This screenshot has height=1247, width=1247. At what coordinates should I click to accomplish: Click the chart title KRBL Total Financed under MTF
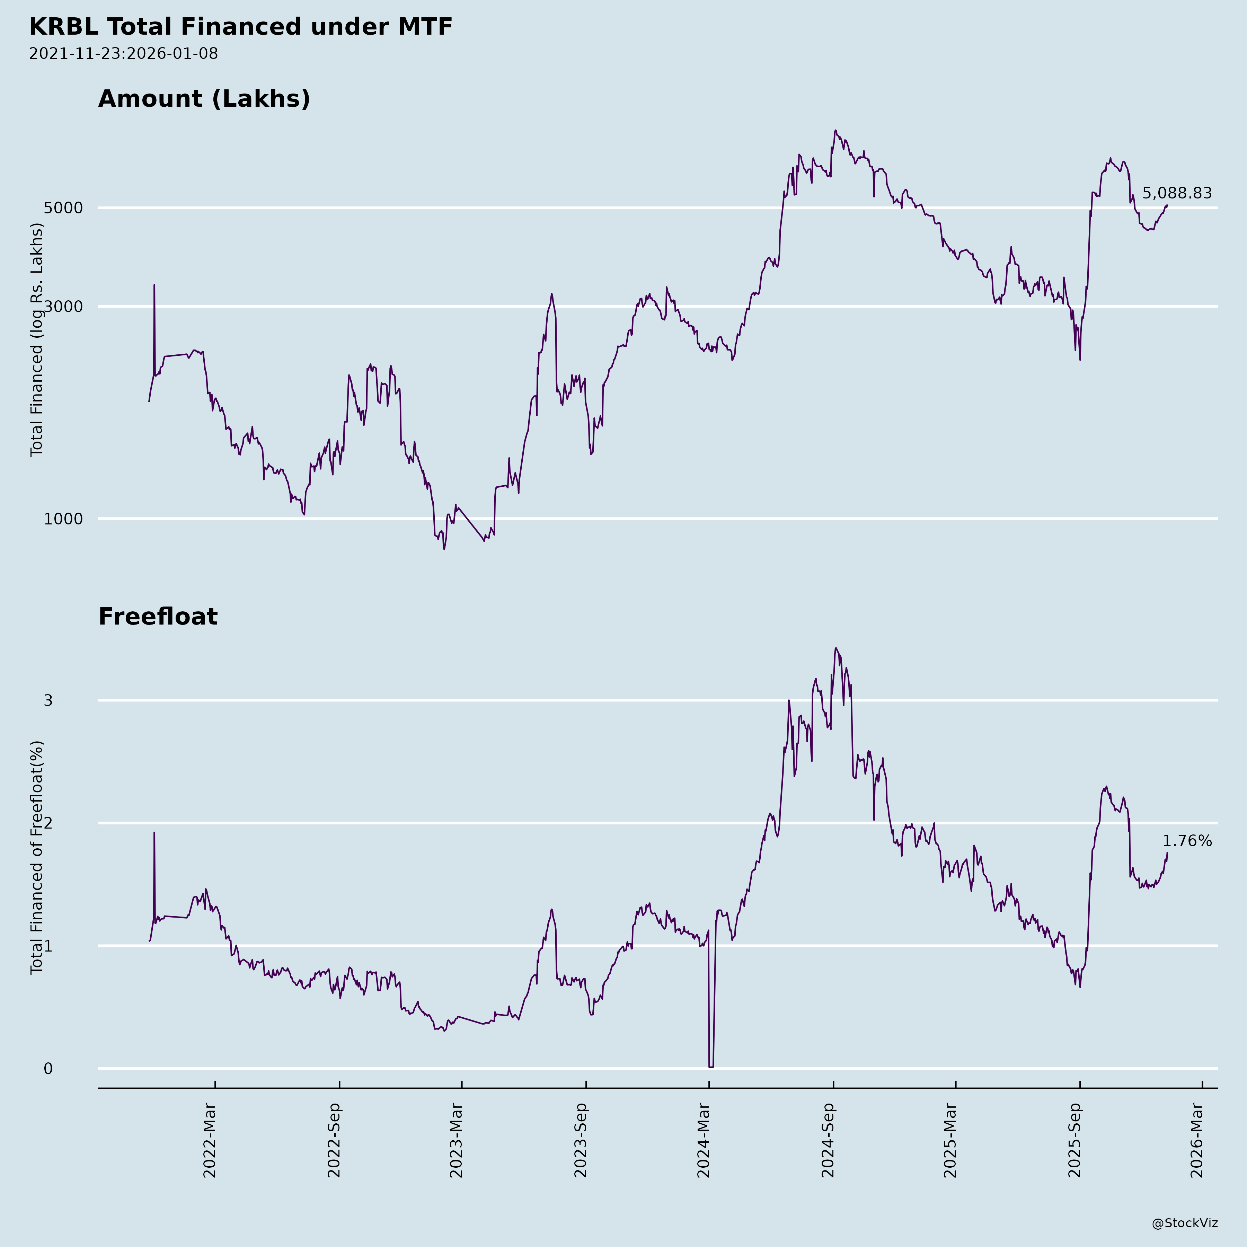click(241, 27)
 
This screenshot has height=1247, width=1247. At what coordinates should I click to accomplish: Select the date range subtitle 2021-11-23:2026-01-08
click(123, 54)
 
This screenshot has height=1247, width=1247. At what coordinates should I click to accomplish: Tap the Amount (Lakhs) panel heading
click(204, 99)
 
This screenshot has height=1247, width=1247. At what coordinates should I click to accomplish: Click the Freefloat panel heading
click(158, 617)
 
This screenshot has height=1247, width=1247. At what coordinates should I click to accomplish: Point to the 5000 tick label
click(63, 208)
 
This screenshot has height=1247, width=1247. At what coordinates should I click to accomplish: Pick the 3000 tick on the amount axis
click(63, 307)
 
